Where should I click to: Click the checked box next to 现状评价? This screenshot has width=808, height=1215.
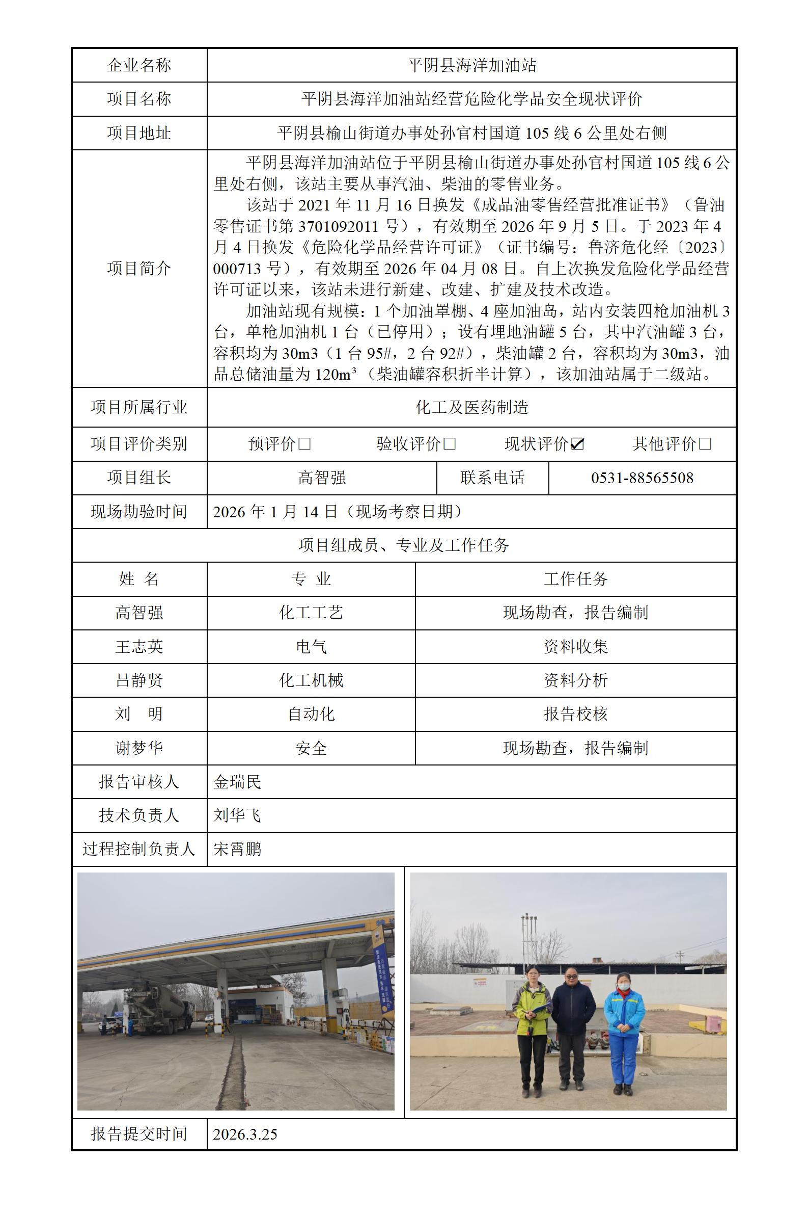point(578,444)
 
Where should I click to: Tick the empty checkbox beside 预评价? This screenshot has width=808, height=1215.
point(304,444)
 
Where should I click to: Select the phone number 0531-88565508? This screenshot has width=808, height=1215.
point(642,478)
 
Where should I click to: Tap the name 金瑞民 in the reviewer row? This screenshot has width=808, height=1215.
point(237,782)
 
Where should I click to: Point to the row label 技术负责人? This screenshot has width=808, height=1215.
point(138,815)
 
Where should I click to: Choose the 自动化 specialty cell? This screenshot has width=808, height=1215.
point(311,714)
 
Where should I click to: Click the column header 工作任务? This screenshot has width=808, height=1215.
point(575,579)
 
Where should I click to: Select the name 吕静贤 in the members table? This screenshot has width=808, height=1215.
point(138,680)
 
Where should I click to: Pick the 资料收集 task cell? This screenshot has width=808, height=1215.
point(575,647)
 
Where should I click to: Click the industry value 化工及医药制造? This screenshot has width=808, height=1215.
point(471,407)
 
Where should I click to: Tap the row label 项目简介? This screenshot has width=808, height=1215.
point(138,268)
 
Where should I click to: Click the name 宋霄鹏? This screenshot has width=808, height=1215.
point(237,849)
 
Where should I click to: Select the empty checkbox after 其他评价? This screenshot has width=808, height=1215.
point(706,444)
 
